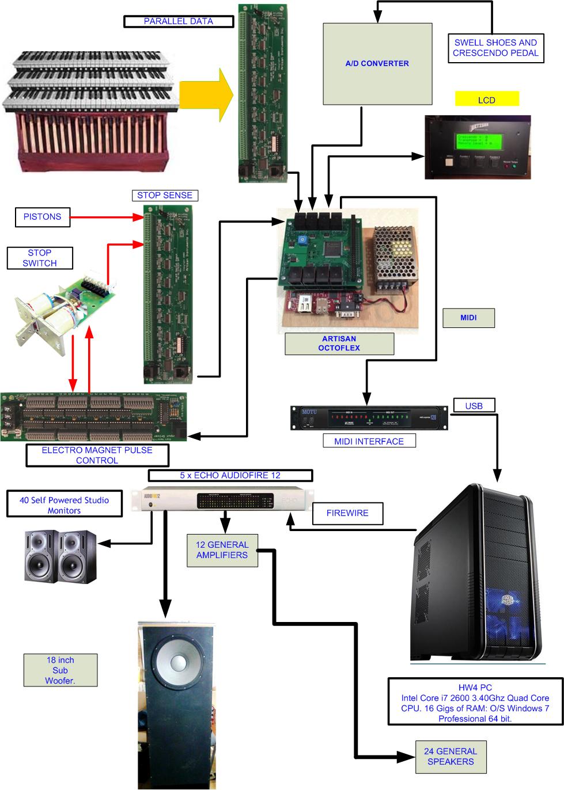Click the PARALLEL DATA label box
pos(179,21)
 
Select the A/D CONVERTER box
pos(377,64)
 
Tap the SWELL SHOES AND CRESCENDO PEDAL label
pos(495,48)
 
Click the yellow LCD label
pos(487,100)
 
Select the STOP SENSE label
pos(165,196)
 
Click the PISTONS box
pos(42,217)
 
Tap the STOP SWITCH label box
pos(40,258)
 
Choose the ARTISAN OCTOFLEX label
pos(339,344)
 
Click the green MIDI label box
pos(468,318)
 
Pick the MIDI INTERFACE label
pos(369,441)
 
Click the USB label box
pos(474,406)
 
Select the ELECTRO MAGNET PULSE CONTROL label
pos(97,455)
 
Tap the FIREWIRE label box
pos(347,513)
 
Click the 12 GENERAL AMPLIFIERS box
pos(222,550)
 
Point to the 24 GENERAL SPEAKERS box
pos(451,756)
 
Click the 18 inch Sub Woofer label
pos(60,670)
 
